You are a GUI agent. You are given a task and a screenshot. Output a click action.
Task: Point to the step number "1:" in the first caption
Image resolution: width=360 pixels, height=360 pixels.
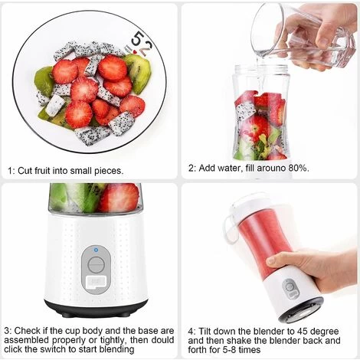pos(11,170)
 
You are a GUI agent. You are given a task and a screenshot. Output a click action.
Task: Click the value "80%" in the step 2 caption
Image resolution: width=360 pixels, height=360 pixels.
pos(298,167)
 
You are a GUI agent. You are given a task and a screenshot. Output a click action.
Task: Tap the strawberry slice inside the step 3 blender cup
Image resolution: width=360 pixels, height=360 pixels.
pos(119,198)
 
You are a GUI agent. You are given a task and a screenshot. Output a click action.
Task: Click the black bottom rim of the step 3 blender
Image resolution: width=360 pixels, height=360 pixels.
pos(96,309)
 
